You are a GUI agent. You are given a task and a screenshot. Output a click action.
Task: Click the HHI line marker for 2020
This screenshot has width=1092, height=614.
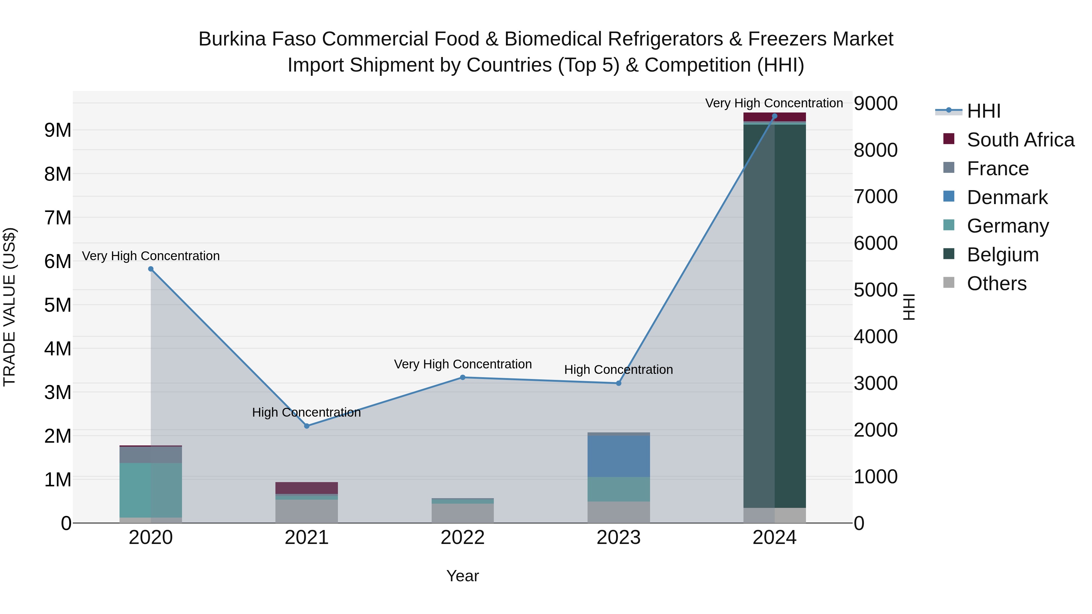[x=151, y=269]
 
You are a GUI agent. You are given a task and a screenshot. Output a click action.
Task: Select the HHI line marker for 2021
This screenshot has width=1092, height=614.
[x=307, y=426]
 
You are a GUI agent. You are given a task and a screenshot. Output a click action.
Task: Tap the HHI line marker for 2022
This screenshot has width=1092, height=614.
[x=463, y=377]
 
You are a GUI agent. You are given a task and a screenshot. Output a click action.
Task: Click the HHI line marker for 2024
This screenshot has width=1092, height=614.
[x=774, y=116]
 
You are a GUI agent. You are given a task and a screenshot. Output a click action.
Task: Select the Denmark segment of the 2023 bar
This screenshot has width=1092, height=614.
[x=618, y=456]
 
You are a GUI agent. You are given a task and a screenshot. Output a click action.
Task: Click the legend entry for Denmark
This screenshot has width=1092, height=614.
[x=1007, y=197]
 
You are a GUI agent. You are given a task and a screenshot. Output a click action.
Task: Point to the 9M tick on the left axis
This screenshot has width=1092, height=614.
[x=58, y=130]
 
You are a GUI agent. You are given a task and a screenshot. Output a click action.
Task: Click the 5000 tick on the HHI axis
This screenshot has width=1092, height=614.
[x=875, y=290]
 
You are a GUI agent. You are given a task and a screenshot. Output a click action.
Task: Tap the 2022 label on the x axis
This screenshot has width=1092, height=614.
[x=463, y=538]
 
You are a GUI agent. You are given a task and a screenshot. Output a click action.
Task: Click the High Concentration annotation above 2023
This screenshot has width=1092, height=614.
[x=618, y=370]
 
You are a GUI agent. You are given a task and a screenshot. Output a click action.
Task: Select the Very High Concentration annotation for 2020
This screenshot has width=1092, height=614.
[x=151, y=256]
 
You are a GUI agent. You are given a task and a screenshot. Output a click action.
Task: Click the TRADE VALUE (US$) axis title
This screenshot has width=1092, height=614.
[x=9, y=307]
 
